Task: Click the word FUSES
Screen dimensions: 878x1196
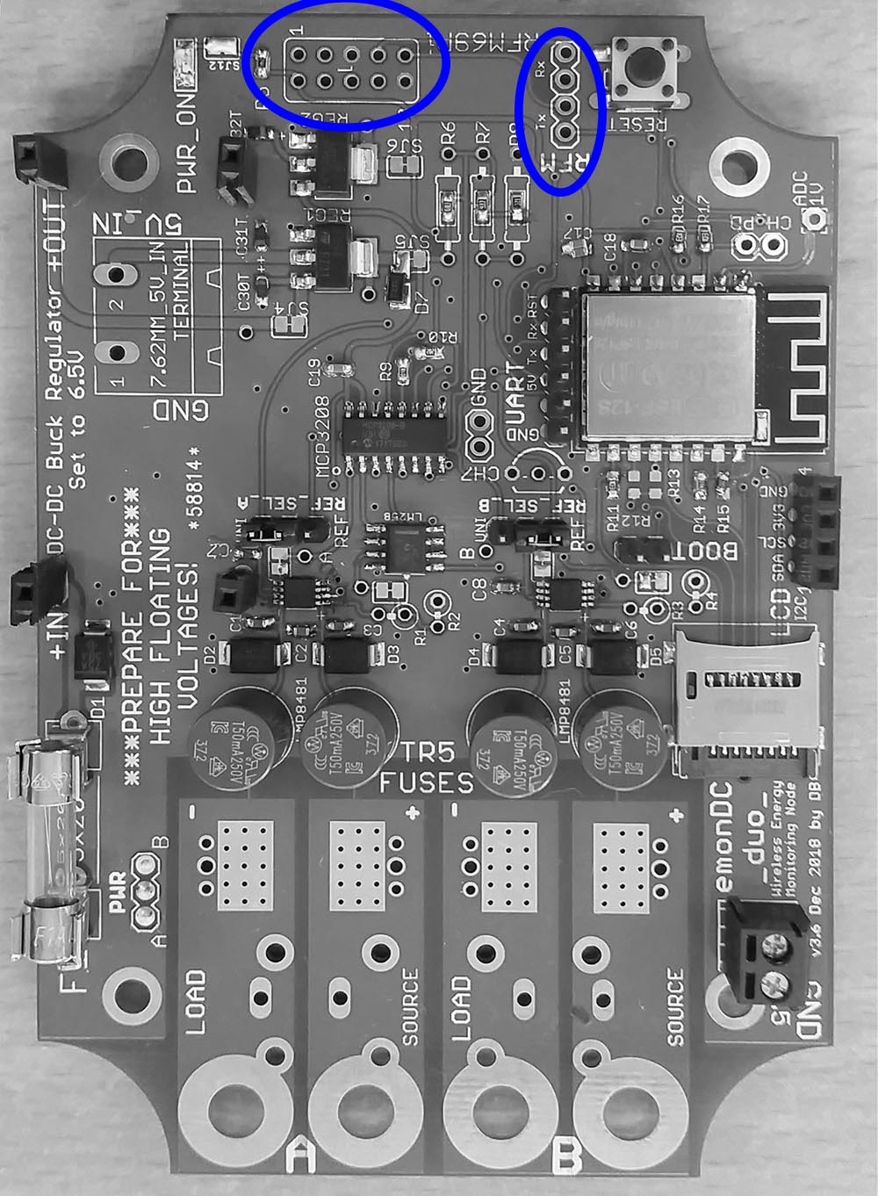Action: pyautogui.click(x=428, y=782)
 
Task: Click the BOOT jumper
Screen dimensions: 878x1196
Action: pyautogui.click(x=648, y=551)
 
